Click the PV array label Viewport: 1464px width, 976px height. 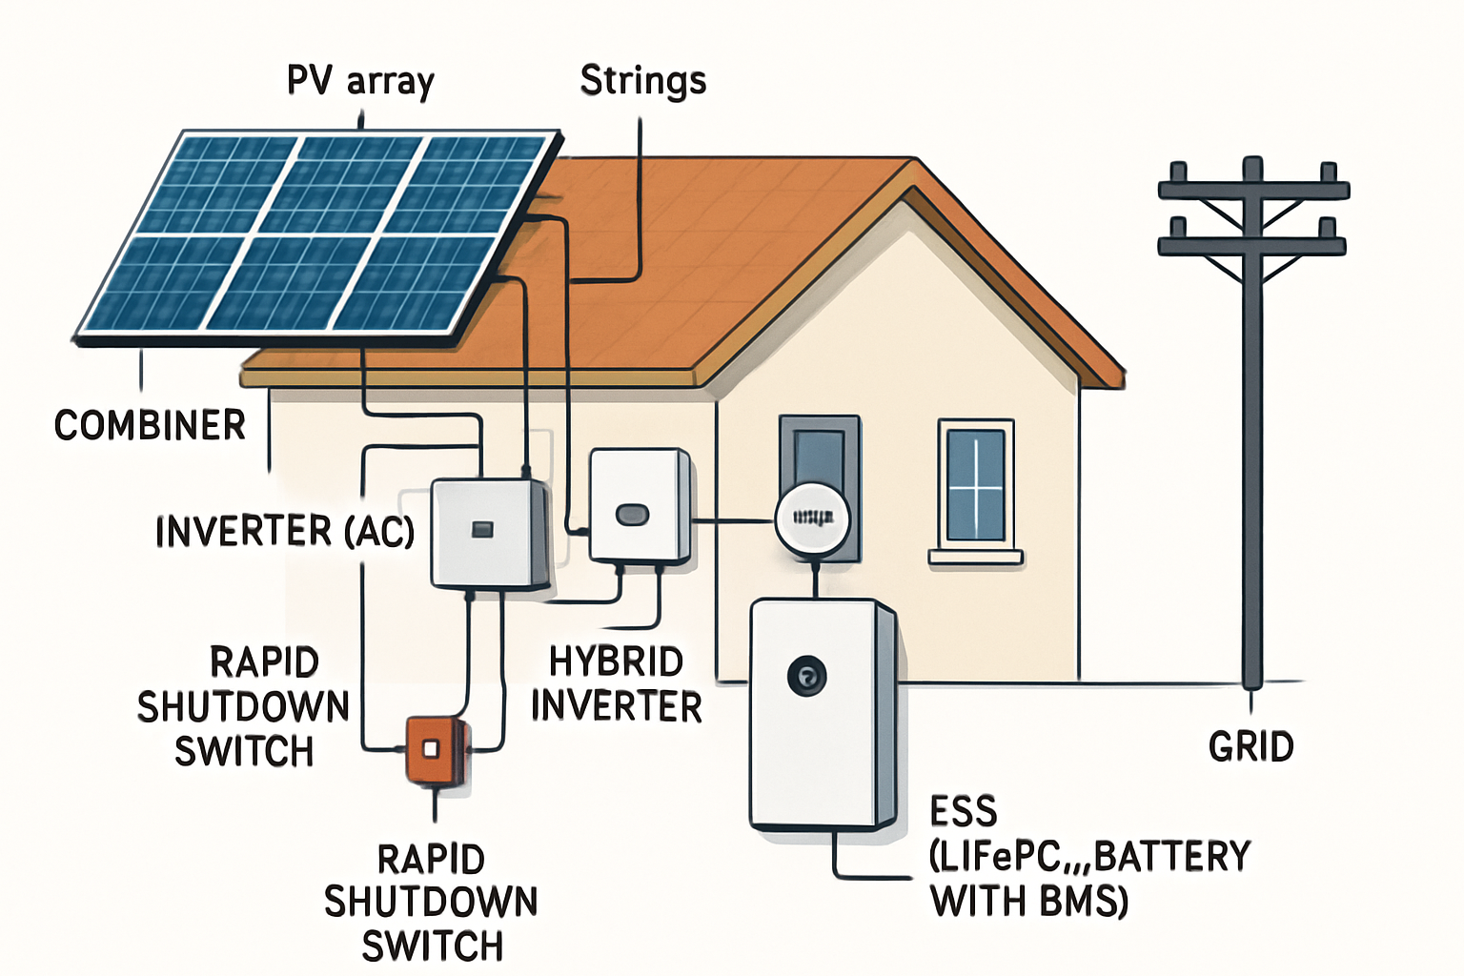tap(360, 82)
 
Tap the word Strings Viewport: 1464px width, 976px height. tap(643, 81)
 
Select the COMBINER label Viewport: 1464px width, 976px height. tap(150, 425)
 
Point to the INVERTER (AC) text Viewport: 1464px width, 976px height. tap(285, 531)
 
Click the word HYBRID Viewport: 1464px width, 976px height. tap(616, 661)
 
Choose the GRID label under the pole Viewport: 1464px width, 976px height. tap(1250, 746)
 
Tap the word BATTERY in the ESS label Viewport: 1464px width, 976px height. tap(1171, 856)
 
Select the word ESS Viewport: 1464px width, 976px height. tap(963, 812)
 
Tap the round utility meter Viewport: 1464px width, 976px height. tap(810, 519)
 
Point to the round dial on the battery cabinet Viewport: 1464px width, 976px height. tap(806, 677)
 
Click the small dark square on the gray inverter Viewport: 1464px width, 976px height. tap(482, 529)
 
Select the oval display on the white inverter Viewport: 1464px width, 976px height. tap(632, 515)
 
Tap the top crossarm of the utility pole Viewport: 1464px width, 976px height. tap(1252, 190)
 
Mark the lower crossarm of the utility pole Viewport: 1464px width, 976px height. tap(1251, 246)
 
